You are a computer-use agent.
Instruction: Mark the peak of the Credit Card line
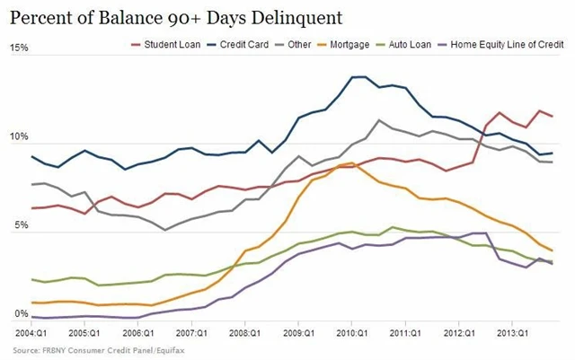[358, 77]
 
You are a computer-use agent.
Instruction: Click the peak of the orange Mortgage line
[351, 163]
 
